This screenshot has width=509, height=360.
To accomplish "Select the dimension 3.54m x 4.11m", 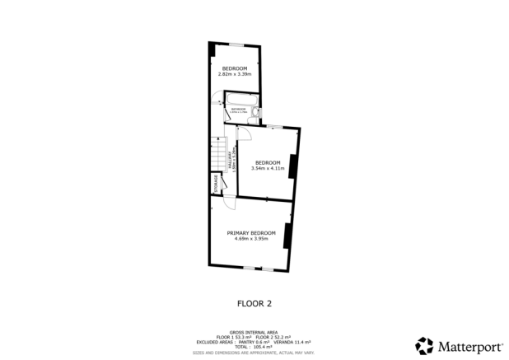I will pyautogui.click(x=268, y=168).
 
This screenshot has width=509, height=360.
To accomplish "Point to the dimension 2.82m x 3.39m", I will pyautogui.click(x=234, y=74).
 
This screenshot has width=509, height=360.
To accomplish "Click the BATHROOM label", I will pyautogui.click(x=239, y=109).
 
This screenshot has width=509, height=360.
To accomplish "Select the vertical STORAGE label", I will pyautogui.click(x=217, y=182).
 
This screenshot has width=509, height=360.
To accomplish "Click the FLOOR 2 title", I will pyautogui.click(x=254, y=303).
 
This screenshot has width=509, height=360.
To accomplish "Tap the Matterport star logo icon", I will pyautogui.click(x=424, y=345).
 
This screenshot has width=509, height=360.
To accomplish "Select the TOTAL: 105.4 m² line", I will pyautogui.click(x=254, y=346).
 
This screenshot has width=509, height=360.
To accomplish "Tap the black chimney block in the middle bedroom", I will pyautogui.click(x=292, y=166).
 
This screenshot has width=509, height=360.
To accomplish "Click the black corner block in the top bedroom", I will pyautogui.click(x=213, y=50).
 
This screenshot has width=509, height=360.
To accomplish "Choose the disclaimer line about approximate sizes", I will pyautogui.click(x=254, y=352).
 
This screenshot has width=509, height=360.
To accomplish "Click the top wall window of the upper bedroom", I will pyautogui.click(x=236, y=44).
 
